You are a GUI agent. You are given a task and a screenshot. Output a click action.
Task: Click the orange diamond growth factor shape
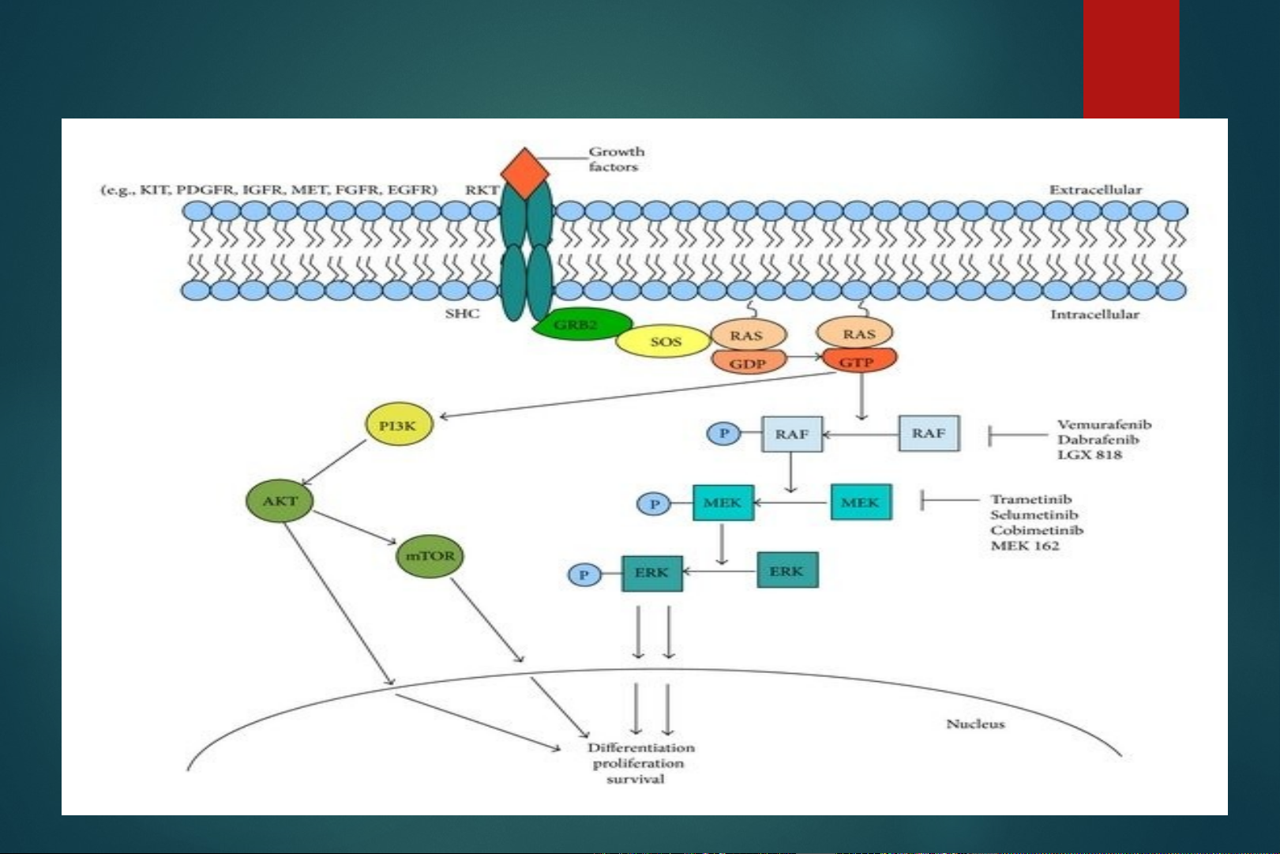pos(525,172)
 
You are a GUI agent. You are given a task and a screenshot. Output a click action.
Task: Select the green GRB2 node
pos(581,325)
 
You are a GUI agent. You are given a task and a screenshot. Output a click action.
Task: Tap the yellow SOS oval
pos(664,341)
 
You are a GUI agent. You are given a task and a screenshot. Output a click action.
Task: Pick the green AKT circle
pos(280,501)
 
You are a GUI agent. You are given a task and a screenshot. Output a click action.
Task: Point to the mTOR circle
pos(430,555)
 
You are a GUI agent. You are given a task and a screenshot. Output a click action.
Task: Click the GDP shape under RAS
pos(748,363)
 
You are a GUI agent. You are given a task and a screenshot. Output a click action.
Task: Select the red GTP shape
pos(858,362)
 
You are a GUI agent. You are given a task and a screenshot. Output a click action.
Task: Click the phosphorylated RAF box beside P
pos(792,434)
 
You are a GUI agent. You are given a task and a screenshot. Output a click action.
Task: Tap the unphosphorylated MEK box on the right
pos(861,502)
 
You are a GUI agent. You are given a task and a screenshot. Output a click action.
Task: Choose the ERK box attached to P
pos(651,573)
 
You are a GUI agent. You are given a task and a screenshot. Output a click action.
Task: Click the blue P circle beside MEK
pos(654,504)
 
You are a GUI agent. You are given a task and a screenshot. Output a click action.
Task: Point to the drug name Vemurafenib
pos(1104,424)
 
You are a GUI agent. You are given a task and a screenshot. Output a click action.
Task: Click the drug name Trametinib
pos(1031,499)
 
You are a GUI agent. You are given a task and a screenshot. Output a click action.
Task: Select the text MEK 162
pos(1025,545)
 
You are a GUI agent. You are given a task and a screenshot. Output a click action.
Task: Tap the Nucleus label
pos(975,723)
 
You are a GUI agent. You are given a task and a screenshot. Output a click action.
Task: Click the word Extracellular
pos(1094,190)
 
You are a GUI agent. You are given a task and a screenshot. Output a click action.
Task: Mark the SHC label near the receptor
pos(462,314)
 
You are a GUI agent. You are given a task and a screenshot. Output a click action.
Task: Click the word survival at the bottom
pos(636,779)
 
